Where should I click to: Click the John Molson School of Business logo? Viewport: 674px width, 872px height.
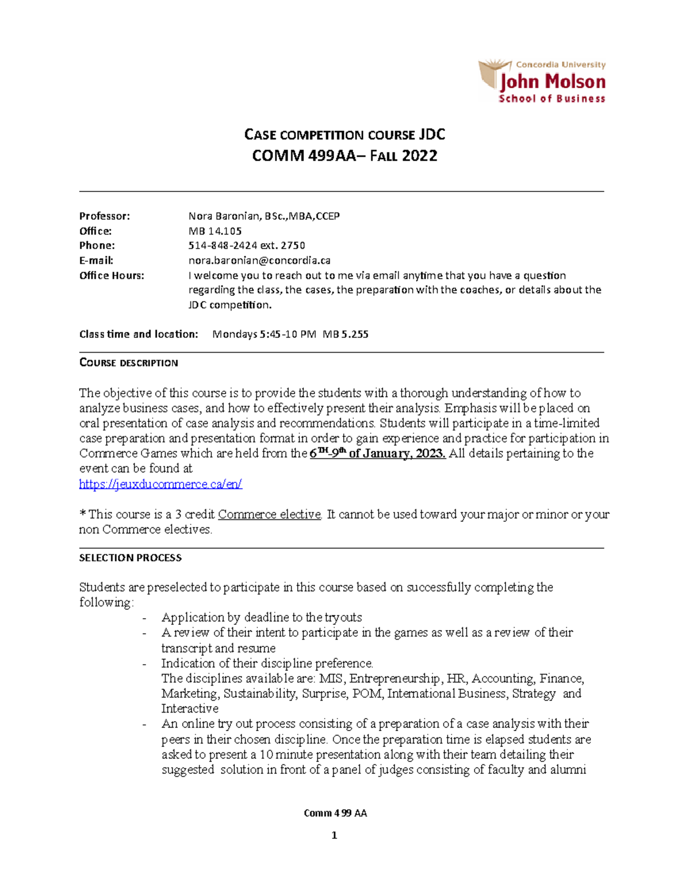541,82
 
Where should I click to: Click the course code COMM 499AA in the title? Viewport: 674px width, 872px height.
303,156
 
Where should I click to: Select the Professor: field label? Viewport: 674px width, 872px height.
104,216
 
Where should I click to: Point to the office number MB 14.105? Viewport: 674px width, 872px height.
215,231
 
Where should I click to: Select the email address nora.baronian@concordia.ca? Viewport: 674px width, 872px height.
259,261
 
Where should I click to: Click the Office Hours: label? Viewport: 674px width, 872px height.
111,275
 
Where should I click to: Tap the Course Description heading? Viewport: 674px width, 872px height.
129,363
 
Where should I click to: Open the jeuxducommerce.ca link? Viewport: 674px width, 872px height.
161,484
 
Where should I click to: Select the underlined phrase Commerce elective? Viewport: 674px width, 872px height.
270,514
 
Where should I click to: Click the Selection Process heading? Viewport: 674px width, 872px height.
130,558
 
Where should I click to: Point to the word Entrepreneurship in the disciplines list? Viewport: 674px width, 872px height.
394,678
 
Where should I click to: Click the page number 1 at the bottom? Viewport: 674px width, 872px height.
334,836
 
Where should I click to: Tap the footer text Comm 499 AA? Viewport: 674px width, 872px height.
335,813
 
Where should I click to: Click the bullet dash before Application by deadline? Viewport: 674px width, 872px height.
145,618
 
